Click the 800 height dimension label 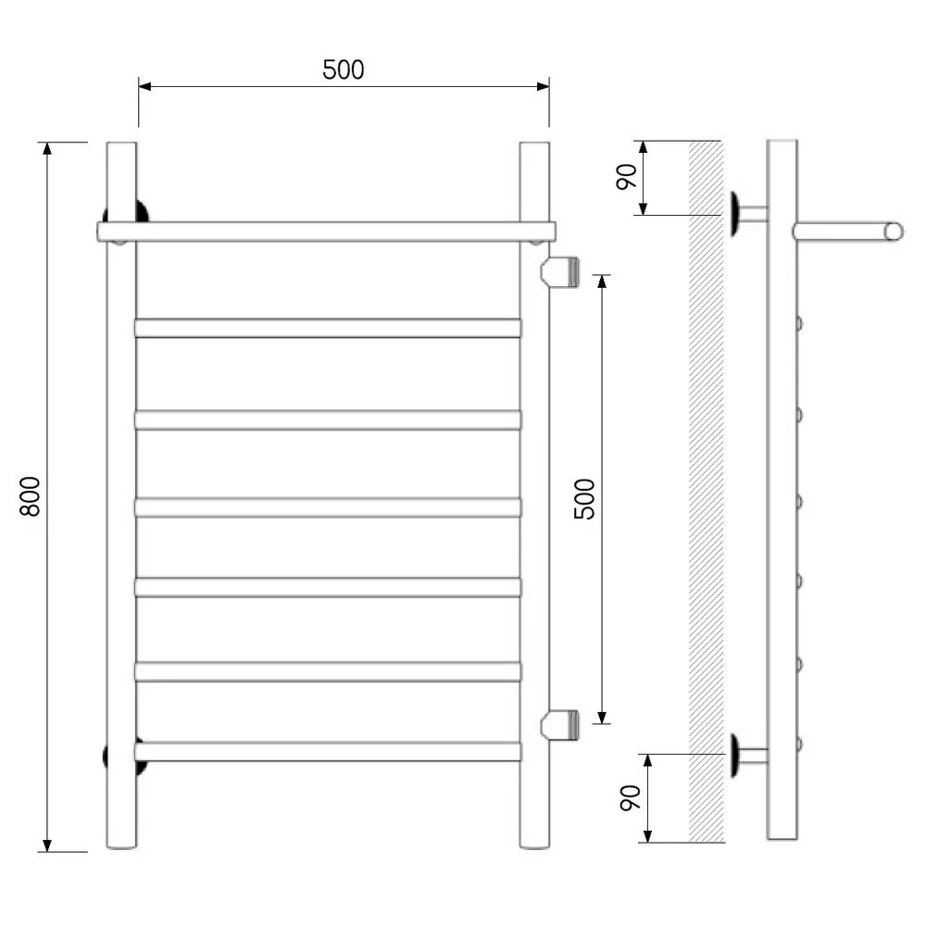31,496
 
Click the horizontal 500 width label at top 344,69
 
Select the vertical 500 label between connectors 584,499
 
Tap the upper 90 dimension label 626,177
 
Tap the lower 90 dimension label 630,798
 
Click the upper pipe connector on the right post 560,271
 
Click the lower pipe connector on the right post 560,725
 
